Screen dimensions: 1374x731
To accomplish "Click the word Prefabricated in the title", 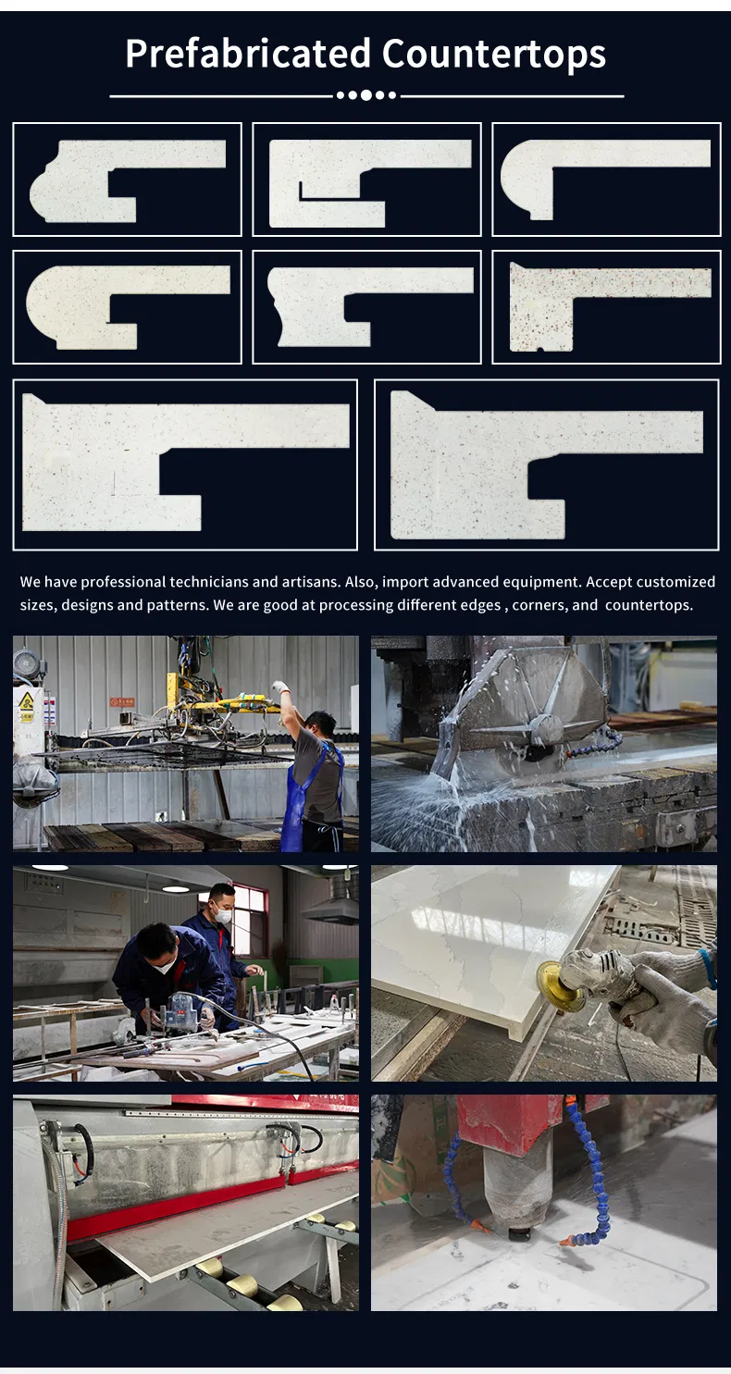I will [x=248, y=54].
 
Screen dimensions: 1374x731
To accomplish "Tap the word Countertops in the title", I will [x=494, y=54].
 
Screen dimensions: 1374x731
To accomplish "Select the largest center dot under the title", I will [x=366, y=94].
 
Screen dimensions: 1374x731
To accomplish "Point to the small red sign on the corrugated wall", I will [x=122, y=702].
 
